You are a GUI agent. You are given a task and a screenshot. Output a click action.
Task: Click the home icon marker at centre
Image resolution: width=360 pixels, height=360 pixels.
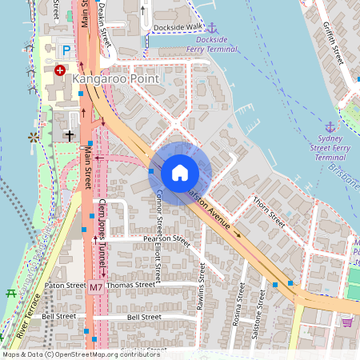click(180, 172)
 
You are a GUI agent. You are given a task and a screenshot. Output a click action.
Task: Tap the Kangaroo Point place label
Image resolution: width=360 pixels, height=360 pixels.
click(115, 80)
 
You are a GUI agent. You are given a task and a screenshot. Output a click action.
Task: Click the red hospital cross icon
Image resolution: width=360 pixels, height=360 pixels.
click(60, 70)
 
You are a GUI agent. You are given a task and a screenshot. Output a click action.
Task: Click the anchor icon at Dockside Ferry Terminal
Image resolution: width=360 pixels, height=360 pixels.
click(212, 28)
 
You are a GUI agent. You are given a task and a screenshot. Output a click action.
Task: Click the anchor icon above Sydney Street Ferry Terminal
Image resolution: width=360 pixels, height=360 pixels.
click(330, 126)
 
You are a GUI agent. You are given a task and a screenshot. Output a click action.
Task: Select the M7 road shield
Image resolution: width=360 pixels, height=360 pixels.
click(96, 286)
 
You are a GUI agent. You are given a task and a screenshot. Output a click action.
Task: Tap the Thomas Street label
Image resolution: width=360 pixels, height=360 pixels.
click(130, 285)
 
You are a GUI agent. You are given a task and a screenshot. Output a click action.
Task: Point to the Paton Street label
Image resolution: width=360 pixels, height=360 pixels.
click(65, 285)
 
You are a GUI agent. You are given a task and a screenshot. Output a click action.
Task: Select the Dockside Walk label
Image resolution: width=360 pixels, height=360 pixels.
click(178, 26)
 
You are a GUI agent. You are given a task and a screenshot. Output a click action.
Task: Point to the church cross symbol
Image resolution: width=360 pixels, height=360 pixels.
click(70, 136)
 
